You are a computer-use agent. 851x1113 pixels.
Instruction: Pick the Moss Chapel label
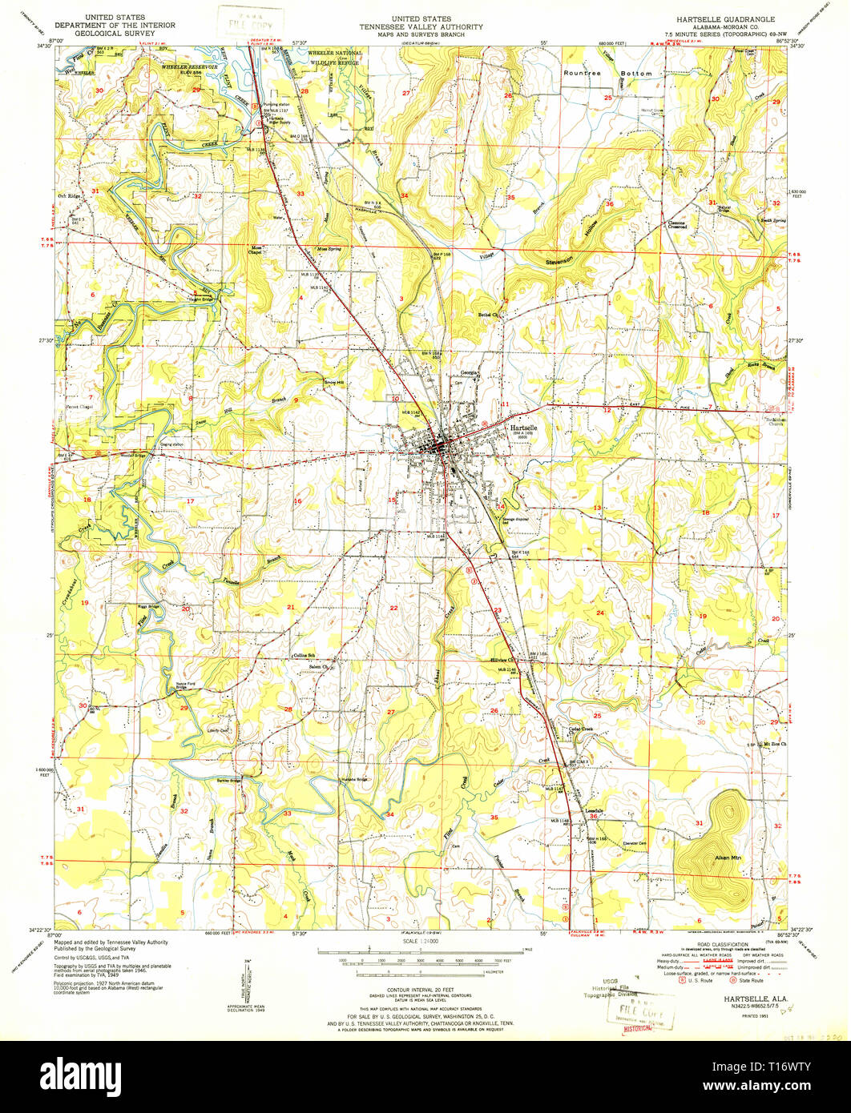pos(256,249)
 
